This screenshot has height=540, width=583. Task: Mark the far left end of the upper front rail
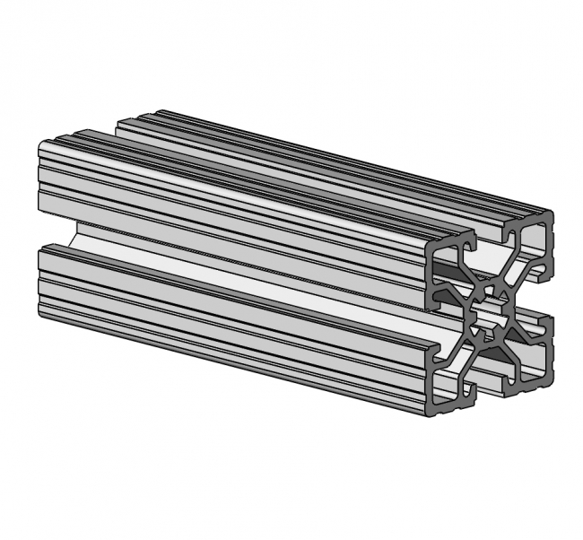pos(42,179)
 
